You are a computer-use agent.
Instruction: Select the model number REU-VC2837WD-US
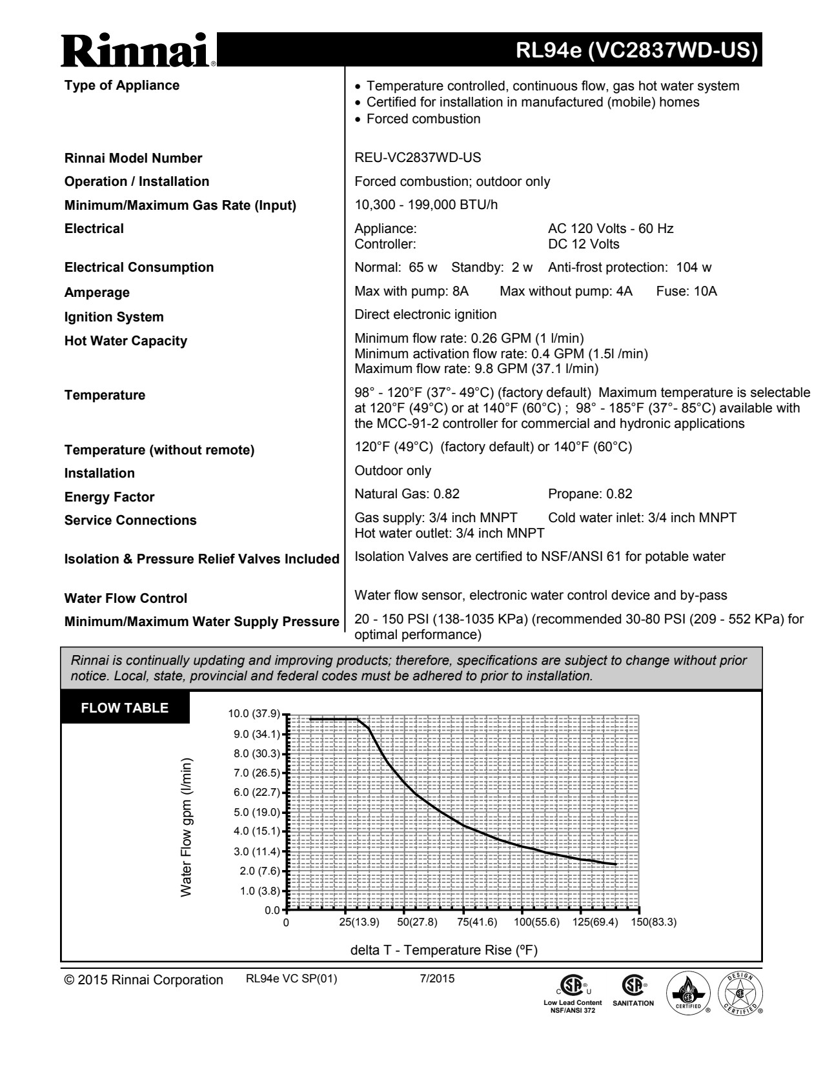(x=418, y=157)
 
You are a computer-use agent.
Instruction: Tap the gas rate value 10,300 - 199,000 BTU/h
(x=426, y=205)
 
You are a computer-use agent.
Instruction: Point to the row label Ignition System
(x=114, y=317)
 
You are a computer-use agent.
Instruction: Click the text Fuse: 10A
(x=686, y=291)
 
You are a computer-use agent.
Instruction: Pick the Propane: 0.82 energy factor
(x=590, y=494)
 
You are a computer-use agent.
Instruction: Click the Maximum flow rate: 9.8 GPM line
(x=476, y=369)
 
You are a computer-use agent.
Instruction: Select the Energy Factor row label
(x=109, y=497)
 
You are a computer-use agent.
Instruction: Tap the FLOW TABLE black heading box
(x=125, y=708)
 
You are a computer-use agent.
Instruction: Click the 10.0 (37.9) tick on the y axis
(x=254, y=714)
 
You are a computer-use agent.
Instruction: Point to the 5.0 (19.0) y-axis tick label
(x=256, y=812)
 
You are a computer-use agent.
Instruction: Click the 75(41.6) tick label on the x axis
(x=477, y=922)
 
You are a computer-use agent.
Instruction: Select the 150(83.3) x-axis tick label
(x=653, y=922)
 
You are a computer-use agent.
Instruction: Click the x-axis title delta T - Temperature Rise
(x=443, y=950)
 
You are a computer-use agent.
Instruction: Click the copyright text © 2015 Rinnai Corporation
(x=143, y=980)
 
